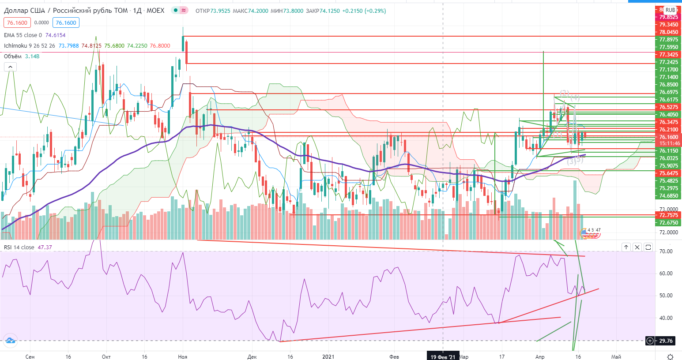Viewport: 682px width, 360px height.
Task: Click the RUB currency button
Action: (x=670, y=10)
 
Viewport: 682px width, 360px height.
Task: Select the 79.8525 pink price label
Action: (x=668, y=17)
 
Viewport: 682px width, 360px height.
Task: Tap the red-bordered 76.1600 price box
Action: (x=17, y=22)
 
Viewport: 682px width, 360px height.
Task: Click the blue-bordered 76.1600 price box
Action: (x=66, y=22)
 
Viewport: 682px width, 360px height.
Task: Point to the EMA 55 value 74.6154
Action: (x=55, y=35)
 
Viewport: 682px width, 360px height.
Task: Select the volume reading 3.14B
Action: (x=32, y=56)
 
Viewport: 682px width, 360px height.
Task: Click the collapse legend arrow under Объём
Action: (x=10, y=67)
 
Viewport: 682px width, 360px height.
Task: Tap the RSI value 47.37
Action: (x=45, y=247)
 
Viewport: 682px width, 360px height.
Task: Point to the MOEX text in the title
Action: (x=155, y=11)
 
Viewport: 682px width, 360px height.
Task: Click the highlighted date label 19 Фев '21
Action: (x=442, y=356)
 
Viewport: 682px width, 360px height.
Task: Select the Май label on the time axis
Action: (x=616, y=356)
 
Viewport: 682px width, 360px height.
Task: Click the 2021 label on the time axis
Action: (x=328, y=356)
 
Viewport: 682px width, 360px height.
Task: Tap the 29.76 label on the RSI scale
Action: (x=666, y=341)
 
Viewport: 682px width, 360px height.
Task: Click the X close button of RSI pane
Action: (x=637, y=247)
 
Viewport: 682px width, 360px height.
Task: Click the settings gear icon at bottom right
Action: (x=670, y=356)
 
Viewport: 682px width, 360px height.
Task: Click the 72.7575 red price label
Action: (x=668, y=215)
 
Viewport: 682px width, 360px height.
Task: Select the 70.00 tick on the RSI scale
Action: (x=666, y=251)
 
